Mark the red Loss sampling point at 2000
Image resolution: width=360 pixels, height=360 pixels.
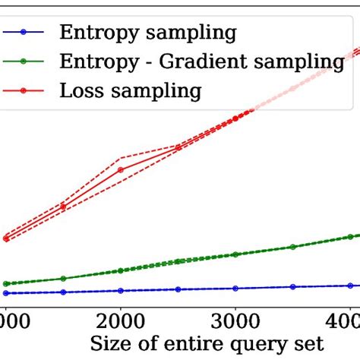121,169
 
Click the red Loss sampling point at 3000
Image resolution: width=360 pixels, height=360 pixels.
235,118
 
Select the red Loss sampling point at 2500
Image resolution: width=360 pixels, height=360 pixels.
178,147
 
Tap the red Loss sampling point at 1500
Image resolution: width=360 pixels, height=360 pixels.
63,206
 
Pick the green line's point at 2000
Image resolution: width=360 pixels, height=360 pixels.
121,271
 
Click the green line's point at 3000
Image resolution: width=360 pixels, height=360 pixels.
235,254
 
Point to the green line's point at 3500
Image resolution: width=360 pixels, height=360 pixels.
293,247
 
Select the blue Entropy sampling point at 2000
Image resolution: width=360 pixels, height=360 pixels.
121,290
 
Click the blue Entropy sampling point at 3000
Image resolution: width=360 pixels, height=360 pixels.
235,288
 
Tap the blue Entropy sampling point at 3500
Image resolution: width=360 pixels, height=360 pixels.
293,286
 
